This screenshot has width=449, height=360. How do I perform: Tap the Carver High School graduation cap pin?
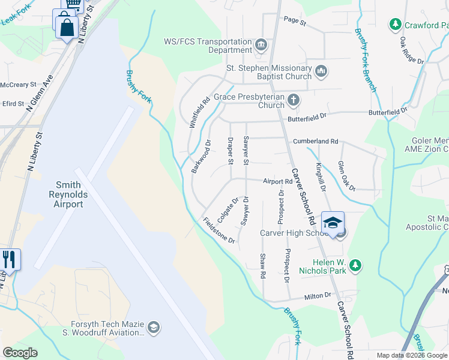[332, 224]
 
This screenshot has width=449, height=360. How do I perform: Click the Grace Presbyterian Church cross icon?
[293, 100]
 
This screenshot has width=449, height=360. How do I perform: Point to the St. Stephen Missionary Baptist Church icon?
[321, 72]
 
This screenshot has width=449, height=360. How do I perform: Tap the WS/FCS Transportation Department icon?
[261, 45]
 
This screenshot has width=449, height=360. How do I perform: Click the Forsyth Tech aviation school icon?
[153, 327]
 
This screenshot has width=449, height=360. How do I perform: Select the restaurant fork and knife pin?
[9, 260]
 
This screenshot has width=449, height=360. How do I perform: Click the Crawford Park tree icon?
[395, 25]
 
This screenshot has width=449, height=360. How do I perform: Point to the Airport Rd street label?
[277, 181]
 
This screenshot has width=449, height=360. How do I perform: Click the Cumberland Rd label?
[316, 141]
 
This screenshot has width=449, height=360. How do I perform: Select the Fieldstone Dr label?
[218, 229]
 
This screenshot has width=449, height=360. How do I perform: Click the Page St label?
[295, 22]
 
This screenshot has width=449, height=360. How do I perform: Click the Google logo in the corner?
[20, 353]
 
